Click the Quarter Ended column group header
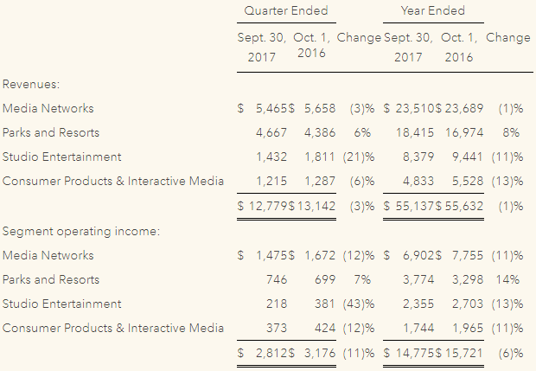[x=286, y=10]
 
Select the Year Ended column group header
[x=433, y=10]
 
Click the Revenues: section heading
[x=31, y=84]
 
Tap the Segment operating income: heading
[x=81, y=231]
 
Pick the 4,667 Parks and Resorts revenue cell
[x=271, y=132]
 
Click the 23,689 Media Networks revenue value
[x=464, y=108]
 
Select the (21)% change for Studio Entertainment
[x=359, y=157]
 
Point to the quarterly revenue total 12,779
[x=268, y=206]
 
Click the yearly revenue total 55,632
[x=464, y=206]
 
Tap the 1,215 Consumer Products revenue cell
[x=271, y=182]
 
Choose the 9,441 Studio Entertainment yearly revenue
[x=468, y=157]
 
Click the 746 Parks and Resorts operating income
[x=277, y=279]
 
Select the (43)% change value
[x=359, y=304]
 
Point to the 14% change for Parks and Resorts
[x=507, y=279]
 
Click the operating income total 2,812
[x=271, y=353]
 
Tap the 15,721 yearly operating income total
[x=463, y=353]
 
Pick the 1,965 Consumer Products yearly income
[x=468, y=329]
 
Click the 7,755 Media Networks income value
[x=468, y=255]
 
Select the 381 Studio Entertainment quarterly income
[x=325, y=304]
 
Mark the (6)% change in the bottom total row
[x=511, y=353]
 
